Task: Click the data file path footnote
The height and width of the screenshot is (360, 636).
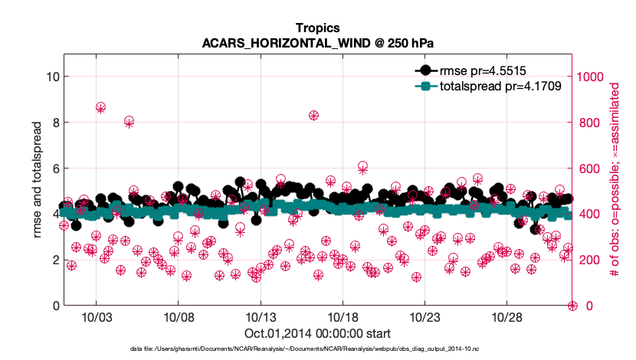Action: pyautogui.click(x=317, y=349)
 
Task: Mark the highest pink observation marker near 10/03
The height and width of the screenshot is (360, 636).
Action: pyautogui.click(x=100, y=108)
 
